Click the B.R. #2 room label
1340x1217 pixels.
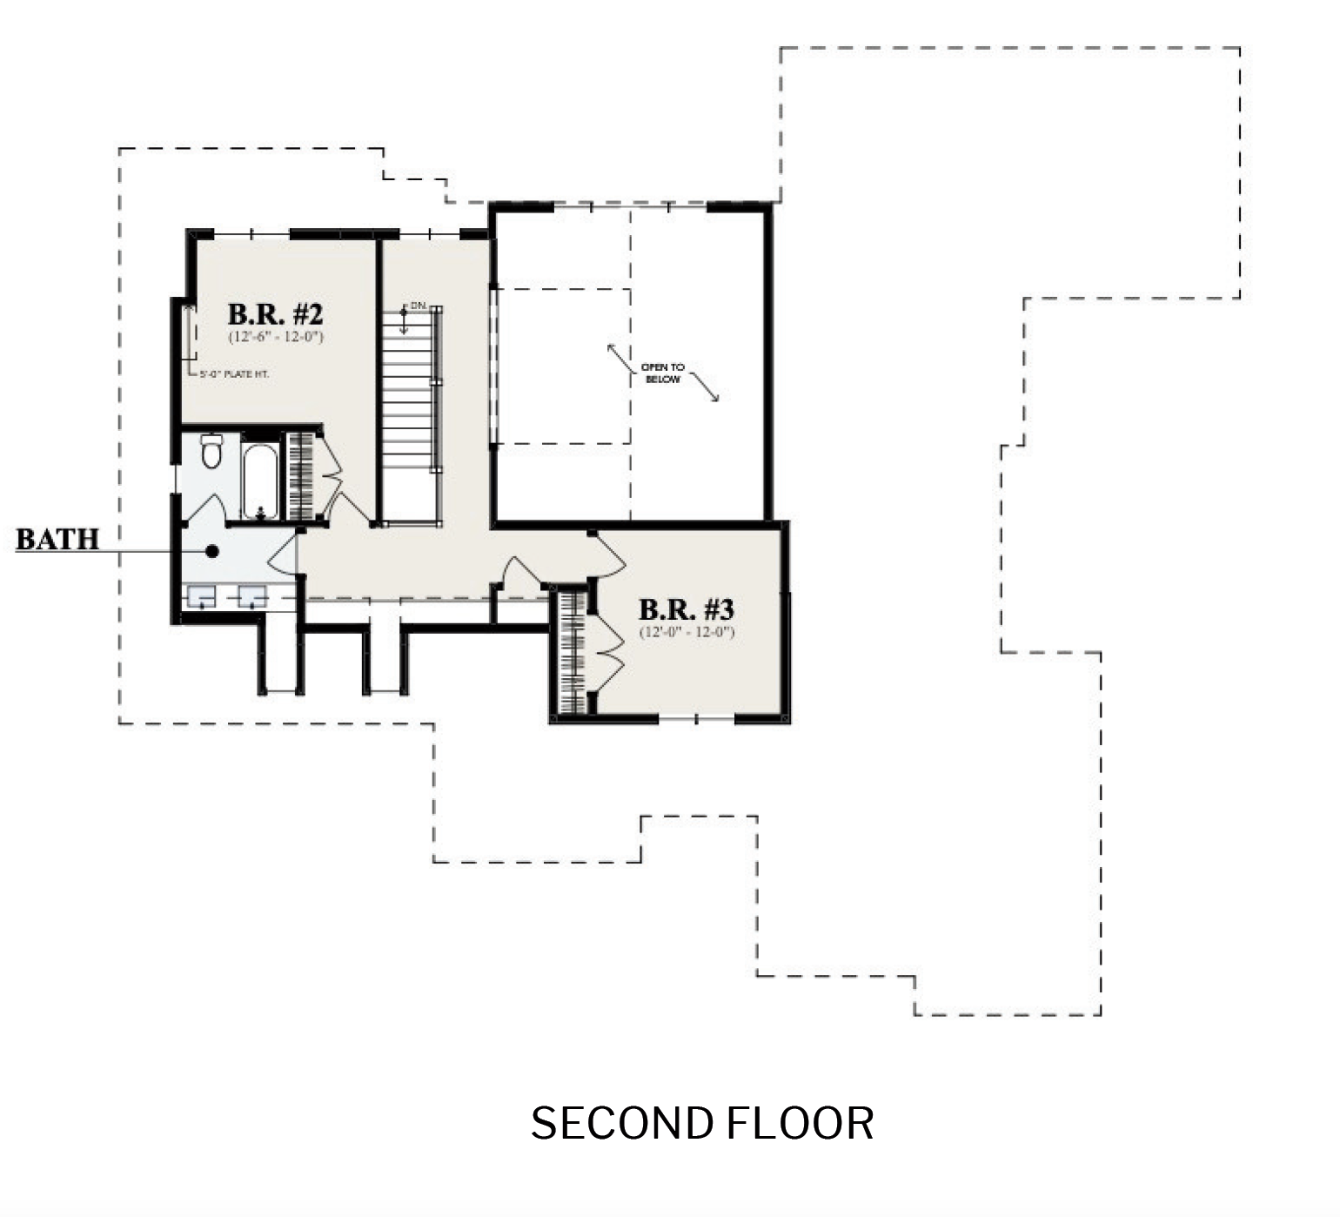(x=275, y=313)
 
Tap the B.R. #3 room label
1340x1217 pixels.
(x=686, y=609)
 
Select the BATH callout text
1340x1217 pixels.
(x=57, y=540)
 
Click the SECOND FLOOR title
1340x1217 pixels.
(x=701, y=1123)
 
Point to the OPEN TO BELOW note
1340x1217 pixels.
(x=662, y=373)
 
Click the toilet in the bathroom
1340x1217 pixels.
(x=211, y=450)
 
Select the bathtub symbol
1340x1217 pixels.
(x=259, y=481)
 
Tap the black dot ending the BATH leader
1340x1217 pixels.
(x=211, y=551)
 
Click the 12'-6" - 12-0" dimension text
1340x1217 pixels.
(x=276, y=337)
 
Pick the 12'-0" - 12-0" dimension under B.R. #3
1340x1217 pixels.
(x=687, y=633)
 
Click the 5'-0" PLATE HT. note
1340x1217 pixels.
(x=234, y=374)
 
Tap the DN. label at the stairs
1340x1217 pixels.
(x=419, y=306)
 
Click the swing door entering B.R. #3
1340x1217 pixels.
(x=608, y=555)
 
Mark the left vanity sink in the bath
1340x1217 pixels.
(x=202, y=596)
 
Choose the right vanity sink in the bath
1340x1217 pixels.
(x=252, y=596)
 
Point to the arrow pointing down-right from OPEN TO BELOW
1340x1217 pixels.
(x=707, y=389)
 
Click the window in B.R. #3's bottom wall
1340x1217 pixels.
(x=696, y=719)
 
